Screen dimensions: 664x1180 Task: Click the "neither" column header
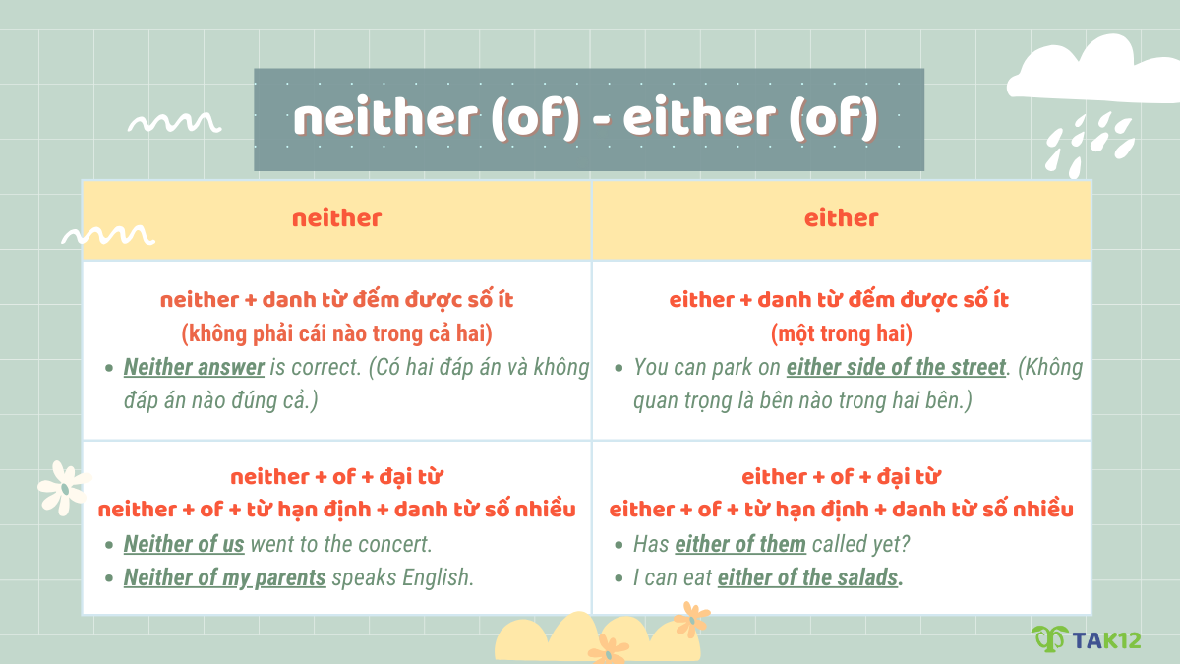coord(336,218)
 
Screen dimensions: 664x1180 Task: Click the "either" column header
coord(841,218)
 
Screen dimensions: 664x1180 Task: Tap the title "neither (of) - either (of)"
coord(588,119)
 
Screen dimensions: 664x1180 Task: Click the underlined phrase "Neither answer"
coord(194,368)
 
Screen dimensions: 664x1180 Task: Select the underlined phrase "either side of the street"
coord(896,368)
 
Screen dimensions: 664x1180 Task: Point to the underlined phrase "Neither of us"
coord(184,544)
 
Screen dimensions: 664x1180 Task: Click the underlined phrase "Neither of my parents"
coord(224,577)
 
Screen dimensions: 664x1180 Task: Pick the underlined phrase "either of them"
coord(740,544)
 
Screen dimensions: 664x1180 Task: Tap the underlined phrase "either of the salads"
coord(807,577)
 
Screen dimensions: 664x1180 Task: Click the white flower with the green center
coord(63,487)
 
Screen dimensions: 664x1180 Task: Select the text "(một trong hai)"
coord(841,332)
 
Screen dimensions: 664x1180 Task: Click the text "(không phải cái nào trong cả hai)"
coord(336,332)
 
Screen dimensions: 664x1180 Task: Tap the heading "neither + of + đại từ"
coord(336,477)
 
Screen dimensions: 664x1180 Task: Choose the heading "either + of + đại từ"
coord(841,477)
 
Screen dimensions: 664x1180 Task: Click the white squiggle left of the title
coord(175,123)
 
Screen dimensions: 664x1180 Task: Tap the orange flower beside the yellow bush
coord(692,619)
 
